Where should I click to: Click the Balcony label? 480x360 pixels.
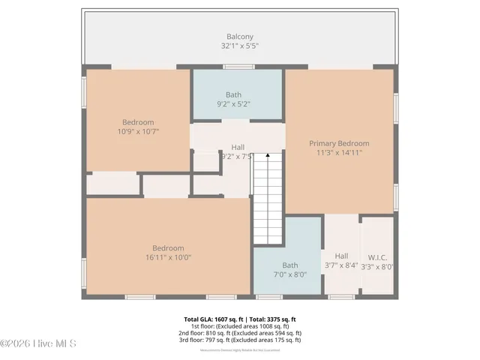pyautogui.click(x=239, y=36)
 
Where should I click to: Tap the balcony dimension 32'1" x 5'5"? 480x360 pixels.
pyautogui.click(x=239, y=46)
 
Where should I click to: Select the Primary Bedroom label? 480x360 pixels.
pyautogui.click(x=339, y=142)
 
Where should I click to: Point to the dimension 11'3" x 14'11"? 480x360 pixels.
pyautogui.click(x=339, y=152)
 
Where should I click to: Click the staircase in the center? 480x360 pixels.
pyautogui.click(x=268, y=199)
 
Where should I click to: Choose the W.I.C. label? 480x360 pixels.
pyautogui.click(x=377, y=256)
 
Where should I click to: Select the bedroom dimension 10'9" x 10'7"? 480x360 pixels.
pyautogui.click(x=138, y=131)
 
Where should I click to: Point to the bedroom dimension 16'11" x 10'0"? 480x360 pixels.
pyautogui.click(x=168, y=257)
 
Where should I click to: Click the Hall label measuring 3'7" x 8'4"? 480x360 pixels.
pyautogui.click(x=341, y=256)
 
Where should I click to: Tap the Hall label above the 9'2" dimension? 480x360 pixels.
pyautogui.click(x=238, y=147)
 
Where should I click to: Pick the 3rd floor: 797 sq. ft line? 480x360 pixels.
pyautogui.click(x=239, y=340)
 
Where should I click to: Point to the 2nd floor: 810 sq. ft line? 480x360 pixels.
pyautogui.click(x=239, y=333)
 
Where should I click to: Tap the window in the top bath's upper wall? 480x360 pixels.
pyautogui.click(x=238, y=67)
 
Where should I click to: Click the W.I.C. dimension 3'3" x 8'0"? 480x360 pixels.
pyautogui.click(x=377, y=265)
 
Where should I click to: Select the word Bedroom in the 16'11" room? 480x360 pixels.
pyautogui.click(x=168, y=248)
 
